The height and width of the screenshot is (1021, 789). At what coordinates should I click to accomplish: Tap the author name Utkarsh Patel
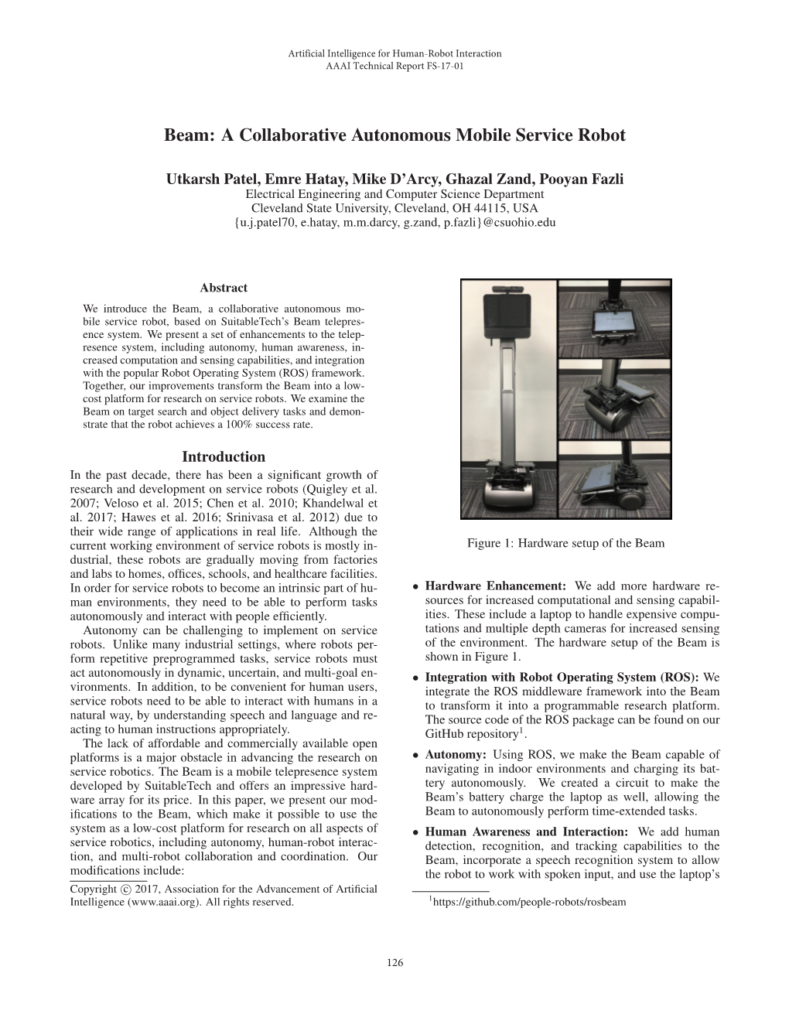(204, 179)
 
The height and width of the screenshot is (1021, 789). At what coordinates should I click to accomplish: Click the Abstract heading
(224, 288)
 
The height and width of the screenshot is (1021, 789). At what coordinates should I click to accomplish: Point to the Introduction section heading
(224, 457)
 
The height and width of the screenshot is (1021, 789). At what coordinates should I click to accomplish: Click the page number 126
(394, 963)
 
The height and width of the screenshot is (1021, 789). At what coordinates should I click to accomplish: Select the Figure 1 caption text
(565, 543)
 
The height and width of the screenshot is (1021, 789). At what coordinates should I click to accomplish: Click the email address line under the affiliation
(394, 222)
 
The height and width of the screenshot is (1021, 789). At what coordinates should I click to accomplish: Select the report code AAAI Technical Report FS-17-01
(394, 67)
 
